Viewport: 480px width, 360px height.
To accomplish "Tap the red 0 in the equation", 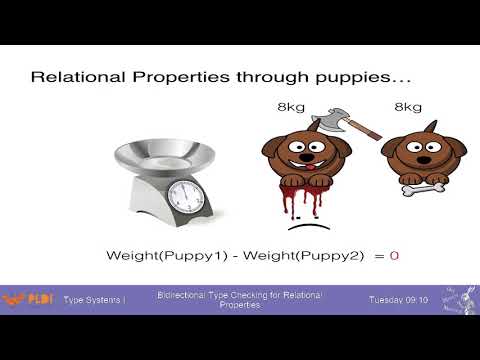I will coord(394,256).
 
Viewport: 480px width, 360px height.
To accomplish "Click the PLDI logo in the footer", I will coord(27,300).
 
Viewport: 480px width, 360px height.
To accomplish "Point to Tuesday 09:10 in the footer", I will coord(398,300).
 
